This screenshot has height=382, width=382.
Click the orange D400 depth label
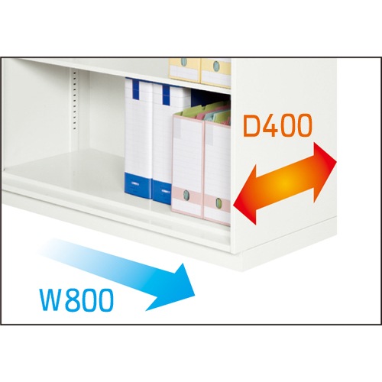277,125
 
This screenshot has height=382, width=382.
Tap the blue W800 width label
76,299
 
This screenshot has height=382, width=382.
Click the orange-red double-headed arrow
285,183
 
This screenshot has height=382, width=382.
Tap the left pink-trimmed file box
188,166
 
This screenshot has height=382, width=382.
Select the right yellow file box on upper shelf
216,73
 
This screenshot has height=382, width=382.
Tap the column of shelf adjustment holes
75,100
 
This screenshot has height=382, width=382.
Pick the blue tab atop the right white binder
166,95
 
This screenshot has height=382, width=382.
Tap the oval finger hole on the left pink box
187,198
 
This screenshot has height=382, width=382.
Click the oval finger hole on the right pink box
218,204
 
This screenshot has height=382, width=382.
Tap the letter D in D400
251,125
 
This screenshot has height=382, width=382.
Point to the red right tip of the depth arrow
337,161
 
